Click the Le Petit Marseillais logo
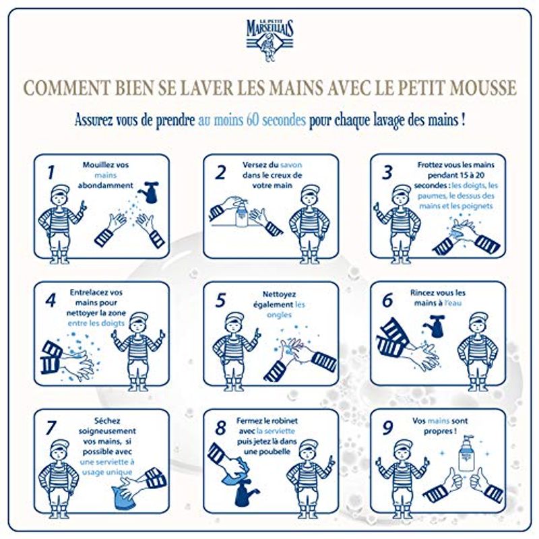(x=270, y=40)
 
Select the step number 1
(x=51, y=172)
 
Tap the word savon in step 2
(x=291, y=164)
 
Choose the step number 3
(x=387, y=172)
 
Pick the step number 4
(x=51, y=300)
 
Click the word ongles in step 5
(x=279, y=315)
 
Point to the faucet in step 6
(x=434, y=325)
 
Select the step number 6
(x=387, y=300)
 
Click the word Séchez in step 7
(x=107, y=420)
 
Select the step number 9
(x=387, y=429)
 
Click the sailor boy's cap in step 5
(x=235, y=319)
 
